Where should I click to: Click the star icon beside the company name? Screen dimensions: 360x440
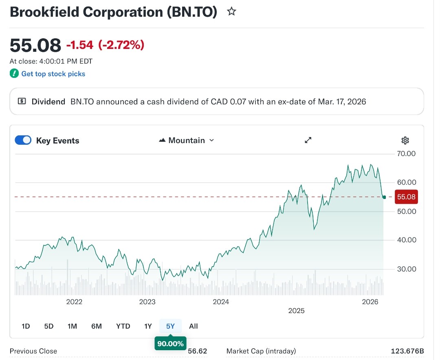(231, 12)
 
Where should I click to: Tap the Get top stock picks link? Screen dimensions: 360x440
(53, 74)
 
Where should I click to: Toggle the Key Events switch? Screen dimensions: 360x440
(23, 140)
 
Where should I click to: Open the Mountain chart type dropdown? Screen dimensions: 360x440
(187, 140)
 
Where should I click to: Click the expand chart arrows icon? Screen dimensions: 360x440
(308, 140)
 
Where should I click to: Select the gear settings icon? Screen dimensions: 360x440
(405, 141)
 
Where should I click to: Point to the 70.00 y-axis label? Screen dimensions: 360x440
(406, 154)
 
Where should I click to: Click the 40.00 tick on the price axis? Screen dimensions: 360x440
(406, 240)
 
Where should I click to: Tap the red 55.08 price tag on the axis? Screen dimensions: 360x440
(406, 197)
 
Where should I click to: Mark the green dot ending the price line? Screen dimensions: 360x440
(384, 197)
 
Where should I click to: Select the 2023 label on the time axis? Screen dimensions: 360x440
(147, 302)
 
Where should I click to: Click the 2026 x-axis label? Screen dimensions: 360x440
(370, 302)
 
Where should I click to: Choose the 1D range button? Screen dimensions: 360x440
(26, 326)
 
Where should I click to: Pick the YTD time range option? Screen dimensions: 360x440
(123, 326)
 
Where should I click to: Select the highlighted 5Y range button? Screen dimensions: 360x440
(170, 326)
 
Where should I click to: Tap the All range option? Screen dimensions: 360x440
(194, 326)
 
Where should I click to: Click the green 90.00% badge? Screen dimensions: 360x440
(170, 344)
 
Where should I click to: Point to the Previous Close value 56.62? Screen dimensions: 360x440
(198, 351)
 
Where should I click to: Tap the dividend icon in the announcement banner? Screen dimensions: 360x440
(22, 102)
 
